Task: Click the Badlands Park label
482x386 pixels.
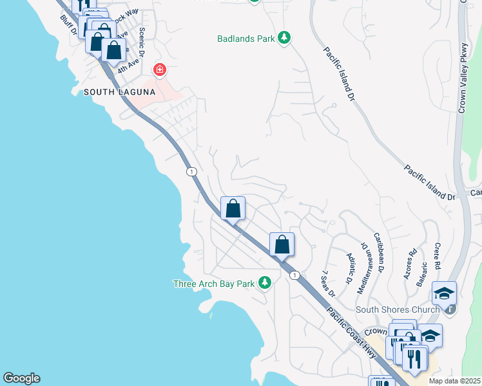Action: pos(245,39)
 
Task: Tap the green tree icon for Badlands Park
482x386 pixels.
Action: pos(284,39)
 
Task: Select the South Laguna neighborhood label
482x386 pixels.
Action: pos(119,92)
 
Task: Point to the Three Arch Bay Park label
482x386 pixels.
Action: pos(214,284)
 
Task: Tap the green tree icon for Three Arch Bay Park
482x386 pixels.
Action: pos(264,283)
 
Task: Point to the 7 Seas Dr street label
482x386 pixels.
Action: pos(328,284)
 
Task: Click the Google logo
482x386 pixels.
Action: pos(21,378)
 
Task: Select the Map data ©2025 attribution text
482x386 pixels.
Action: pos(454,381)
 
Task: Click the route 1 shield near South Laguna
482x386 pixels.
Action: pos(191,171)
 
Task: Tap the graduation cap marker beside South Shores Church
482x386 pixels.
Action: pos(444,293)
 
